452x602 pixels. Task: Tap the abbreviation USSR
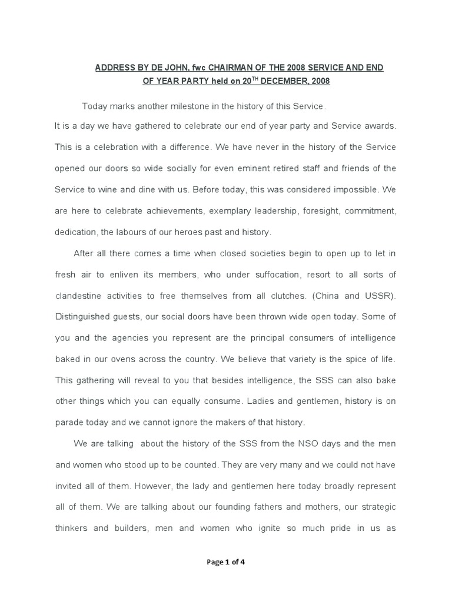point(378,296)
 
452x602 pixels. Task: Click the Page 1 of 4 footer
point(226,562)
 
